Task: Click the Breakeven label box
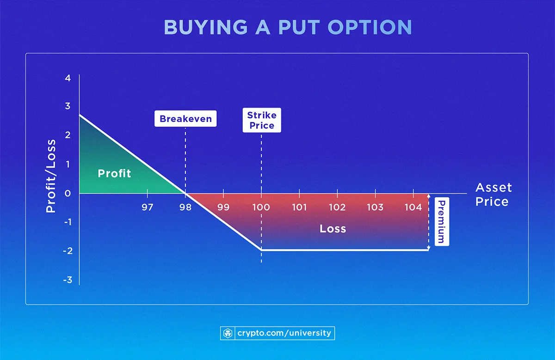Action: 185,119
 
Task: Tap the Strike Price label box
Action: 261,120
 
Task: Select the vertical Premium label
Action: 441,222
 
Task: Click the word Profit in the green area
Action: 114,174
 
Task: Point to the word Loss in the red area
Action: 333,229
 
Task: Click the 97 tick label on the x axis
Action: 147,207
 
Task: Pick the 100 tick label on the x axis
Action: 261,207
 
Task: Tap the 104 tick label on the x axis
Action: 413,207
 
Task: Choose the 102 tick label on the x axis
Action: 337,207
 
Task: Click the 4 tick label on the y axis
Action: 68,78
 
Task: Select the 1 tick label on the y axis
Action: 68,164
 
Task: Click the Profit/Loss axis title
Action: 51,176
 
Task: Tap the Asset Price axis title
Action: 493,195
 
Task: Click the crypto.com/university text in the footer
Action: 284,333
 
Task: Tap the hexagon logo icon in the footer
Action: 228,333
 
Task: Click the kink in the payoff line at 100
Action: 261,250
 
